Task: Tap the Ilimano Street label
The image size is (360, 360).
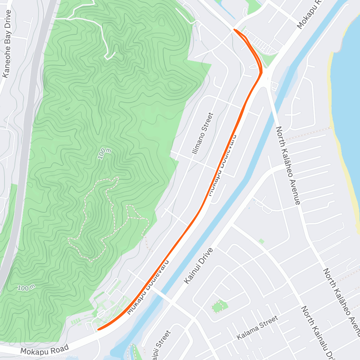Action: [203, 133]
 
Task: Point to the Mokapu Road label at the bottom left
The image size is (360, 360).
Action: [45, 349]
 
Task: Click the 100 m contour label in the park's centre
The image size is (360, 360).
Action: [104, 153]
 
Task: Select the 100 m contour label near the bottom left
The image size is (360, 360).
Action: [26, 288]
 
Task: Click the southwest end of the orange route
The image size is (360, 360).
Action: [99, 329]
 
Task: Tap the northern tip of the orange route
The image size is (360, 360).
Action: [235, 29]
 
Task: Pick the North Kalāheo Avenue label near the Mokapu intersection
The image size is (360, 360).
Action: [288, 165]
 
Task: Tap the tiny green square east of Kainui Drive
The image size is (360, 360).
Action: [262, 241]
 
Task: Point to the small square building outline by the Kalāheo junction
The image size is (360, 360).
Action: [274, 86]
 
